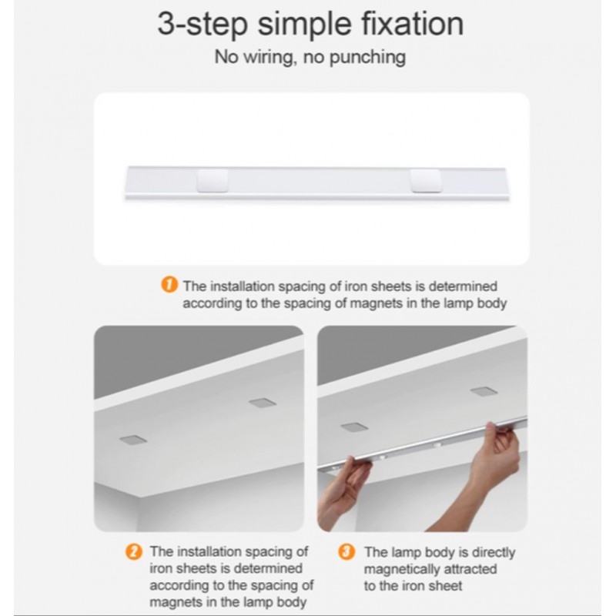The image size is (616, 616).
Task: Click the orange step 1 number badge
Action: (169, 285)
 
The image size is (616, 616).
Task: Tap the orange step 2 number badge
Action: (134, 552)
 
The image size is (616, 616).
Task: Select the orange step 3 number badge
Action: (346, 552)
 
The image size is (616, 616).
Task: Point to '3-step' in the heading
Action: (203, 25)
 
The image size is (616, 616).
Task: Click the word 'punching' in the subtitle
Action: (367, 57)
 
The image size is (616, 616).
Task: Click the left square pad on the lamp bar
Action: (213, 181)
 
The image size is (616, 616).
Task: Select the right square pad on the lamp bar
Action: (426, 181)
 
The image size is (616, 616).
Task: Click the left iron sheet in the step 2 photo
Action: (132, 440)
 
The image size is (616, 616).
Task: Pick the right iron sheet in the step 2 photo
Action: (263, 403)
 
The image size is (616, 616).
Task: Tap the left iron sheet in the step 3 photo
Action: (354, 427)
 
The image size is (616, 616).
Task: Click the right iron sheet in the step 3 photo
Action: (484, 391)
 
